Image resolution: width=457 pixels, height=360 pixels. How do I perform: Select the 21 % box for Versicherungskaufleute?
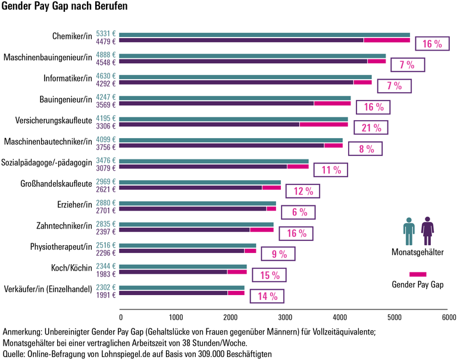click(x=370, y=129)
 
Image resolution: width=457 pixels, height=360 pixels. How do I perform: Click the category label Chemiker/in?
click(x=72, y=37)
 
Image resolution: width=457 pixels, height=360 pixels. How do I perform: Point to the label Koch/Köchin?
click(x=71, y=268)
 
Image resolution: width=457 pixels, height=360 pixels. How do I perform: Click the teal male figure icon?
click(x=409, y=231)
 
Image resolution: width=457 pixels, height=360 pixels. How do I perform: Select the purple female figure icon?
click(x=427, y=231)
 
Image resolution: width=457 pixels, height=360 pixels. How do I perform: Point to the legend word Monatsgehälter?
click(x=417, y=252)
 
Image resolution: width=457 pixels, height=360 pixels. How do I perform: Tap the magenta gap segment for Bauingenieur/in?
click(x=332, y=104)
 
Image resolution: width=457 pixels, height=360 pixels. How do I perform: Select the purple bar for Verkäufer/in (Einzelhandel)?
click(x=174, y=293)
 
